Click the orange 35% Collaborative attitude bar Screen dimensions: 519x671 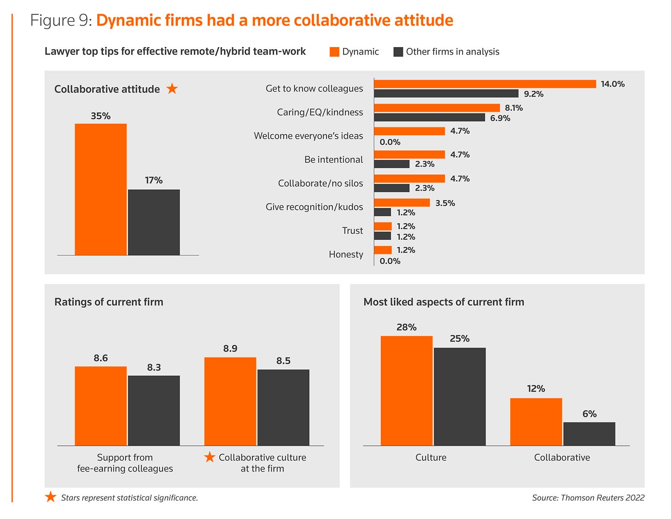[101, 189]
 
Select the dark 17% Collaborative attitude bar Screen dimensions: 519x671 [154, 222]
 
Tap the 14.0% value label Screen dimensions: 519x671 [612, 84]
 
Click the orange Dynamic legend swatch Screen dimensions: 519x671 [334, 52]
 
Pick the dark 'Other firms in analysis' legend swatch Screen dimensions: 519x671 [398, 52]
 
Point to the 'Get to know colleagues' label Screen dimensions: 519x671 [314, 89]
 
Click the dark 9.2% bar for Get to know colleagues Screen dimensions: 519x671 [446, 94]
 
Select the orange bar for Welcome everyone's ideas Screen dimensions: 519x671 [409, 131]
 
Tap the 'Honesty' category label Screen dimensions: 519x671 [346, 254]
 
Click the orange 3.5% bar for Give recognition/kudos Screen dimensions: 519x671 [402, 203]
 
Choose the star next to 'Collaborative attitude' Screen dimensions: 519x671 [172, 89]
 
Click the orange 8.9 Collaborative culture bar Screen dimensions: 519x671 [230, 401]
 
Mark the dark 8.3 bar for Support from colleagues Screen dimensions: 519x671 [154, 411]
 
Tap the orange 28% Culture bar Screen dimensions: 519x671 [406, 391]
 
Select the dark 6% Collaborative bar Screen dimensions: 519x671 [589, 434]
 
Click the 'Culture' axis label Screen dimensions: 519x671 [431, 457]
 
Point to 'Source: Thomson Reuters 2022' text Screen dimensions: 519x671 [588, 498]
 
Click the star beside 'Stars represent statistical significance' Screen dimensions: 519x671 [51, 497]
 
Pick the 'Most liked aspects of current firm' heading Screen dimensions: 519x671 [444, 302]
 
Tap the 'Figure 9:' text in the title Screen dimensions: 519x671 [61, 21]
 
